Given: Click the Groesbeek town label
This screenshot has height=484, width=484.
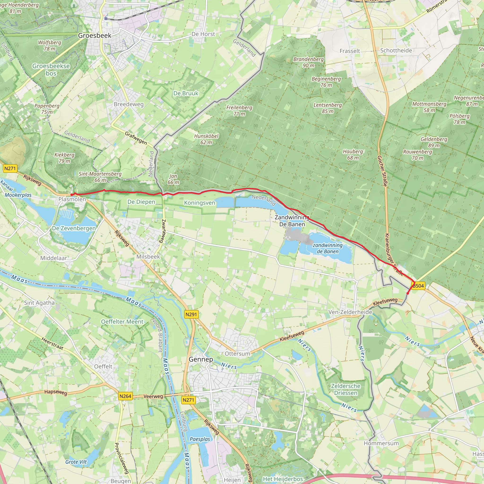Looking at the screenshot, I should tap(95, 36).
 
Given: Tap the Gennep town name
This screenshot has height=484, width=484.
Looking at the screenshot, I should tap(201, 359).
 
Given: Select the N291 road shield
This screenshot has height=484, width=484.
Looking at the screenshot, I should tap(191, 314).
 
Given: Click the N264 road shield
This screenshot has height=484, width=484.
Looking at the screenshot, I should tap(125, 396).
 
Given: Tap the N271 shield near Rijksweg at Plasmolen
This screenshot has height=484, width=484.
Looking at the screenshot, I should tap(10, 168).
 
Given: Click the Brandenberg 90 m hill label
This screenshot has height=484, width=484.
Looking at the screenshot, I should tap(308, 62).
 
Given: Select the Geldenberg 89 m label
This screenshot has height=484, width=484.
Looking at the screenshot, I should tap(434, 142).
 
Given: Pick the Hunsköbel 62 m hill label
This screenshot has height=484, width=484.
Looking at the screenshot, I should tap(206, 139).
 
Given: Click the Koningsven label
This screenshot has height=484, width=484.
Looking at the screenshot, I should tap(199, 203).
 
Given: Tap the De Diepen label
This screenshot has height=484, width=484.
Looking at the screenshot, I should tap(141, 202).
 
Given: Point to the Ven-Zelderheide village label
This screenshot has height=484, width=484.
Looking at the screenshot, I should tap(350, 312).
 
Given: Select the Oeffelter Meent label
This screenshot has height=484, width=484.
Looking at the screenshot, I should tap(122, 322).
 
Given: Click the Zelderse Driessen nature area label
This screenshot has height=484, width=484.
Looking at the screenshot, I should tap(346, 389).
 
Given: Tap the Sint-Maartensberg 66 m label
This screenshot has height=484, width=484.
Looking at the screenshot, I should tap(100, 177).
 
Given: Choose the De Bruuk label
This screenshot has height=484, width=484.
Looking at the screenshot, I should tap(186, 93).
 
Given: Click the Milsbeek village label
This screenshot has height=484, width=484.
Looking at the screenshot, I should tap(148, 257).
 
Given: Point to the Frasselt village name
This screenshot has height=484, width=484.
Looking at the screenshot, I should tap(350, 51).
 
